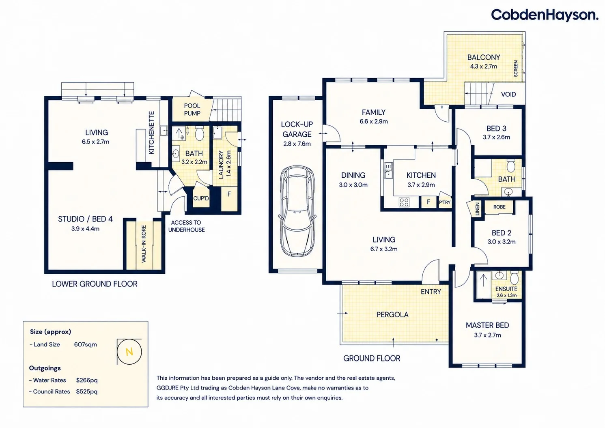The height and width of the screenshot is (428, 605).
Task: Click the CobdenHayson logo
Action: tap(544, 15)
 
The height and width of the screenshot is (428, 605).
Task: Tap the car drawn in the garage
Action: tap(297, 211)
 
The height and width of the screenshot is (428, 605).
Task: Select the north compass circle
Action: tap(129, 352)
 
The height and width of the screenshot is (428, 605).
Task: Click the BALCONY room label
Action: tap(483, 57)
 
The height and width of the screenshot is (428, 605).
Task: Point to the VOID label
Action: tap(508, 94)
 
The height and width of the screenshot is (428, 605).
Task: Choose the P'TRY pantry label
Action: tap(445, 202)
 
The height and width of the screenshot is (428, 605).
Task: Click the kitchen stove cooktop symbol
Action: tap(404, 202)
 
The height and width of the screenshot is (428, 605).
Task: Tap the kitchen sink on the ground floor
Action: tap(388, 170)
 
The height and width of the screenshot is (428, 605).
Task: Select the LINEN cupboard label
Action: tap(477, 209)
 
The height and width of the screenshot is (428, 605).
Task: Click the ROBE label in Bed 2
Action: tap(499, 207)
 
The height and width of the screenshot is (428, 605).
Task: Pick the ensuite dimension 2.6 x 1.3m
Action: tap(506, 295)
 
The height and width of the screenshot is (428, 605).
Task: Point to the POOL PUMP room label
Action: tap(192, 110)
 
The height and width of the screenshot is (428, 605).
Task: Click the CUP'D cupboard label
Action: tap(201, 198)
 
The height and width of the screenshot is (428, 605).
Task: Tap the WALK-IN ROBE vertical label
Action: tap(144, 244)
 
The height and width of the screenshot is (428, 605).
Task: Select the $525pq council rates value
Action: tap(87, 391)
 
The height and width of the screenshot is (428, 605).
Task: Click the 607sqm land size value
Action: tap(85, 344)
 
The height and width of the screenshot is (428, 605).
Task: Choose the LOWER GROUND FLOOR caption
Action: tap(95, 284)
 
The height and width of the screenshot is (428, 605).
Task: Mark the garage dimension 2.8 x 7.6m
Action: tap(297, 144)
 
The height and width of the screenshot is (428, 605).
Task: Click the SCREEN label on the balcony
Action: tap(516, 69)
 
